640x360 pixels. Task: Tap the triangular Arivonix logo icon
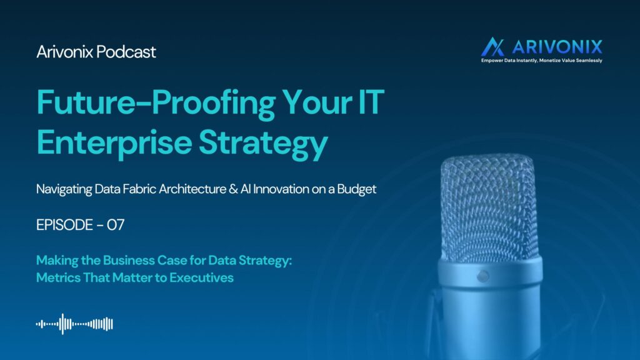492,47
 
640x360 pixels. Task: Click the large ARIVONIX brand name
557,47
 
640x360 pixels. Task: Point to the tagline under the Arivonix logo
542,61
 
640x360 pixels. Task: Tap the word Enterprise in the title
114,143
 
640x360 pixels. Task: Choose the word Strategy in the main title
263,144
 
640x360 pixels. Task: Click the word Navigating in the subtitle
64,189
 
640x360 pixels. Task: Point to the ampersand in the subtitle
234,189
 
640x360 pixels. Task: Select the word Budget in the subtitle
357,189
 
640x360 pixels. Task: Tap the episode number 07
116,225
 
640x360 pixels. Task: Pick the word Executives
202,277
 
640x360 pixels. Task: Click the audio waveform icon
74,324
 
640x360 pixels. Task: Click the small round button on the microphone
483,276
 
